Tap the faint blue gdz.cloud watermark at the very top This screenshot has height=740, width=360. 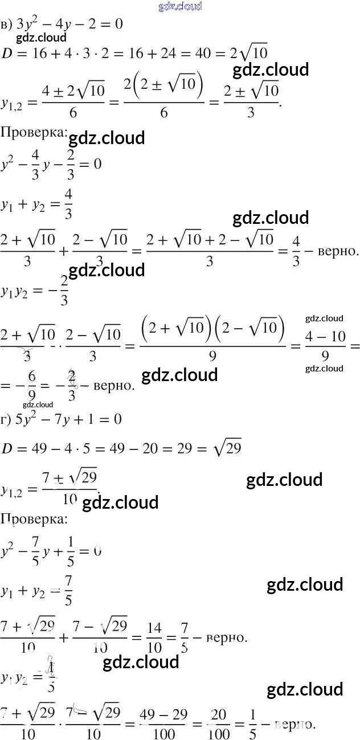tap(179, 7)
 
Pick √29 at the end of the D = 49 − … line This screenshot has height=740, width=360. tap(226, 448)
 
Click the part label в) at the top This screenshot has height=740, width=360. tap(6, 25)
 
